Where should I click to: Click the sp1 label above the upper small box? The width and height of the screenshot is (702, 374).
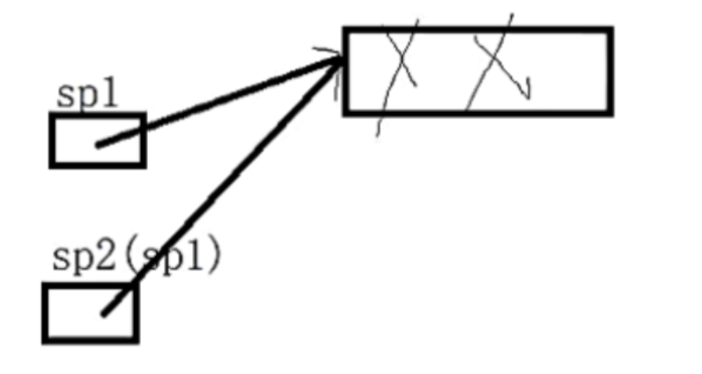click(86, 96)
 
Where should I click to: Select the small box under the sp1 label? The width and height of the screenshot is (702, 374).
click(97, 140)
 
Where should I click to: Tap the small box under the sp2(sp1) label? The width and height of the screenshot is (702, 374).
click(90, 312)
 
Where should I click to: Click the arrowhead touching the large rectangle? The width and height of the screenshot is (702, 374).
click(335, 59)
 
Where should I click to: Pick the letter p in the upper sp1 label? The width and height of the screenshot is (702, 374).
click(86, 99)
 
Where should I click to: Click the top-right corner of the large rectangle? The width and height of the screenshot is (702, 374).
click(609, 31)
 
